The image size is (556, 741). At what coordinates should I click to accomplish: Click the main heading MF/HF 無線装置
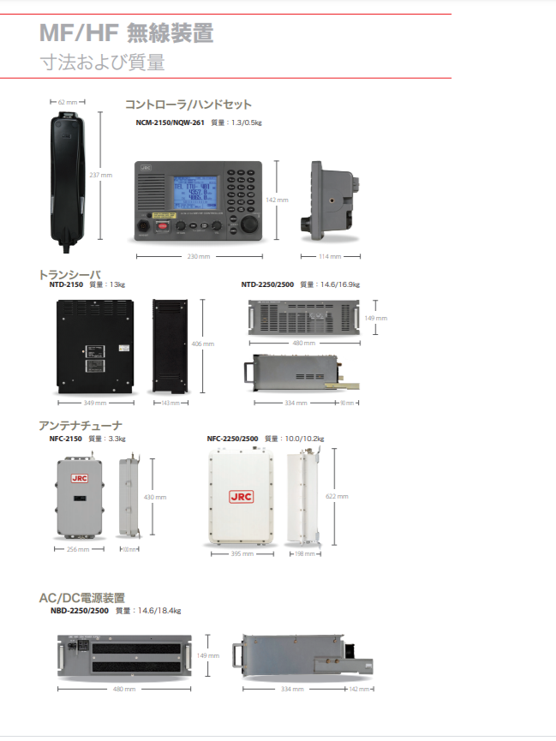[126, 33]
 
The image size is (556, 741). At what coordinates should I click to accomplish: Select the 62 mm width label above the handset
[67, 102]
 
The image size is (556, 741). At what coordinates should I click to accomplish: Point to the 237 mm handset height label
[101, 175]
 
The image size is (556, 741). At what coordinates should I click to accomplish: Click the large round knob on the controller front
[248, 224]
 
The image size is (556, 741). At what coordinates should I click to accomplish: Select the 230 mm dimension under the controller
[199, 256]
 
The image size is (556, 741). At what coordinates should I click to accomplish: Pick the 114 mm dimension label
[330, 256]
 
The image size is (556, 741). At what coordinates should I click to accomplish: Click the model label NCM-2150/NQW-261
[170, 123]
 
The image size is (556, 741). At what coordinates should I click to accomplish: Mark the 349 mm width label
[94, 402]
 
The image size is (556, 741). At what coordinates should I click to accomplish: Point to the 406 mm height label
[203, 344]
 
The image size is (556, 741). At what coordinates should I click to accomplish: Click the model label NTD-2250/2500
[266, 284]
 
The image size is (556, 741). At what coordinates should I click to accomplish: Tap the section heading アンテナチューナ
[81, 425]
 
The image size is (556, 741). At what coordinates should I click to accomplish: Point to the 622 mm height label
[338, 496]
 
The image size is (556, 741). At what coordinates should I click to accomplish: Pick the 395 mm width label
[242, 553]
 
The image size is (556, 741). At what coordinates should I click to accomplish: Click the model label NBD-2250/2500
[80, 611]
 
